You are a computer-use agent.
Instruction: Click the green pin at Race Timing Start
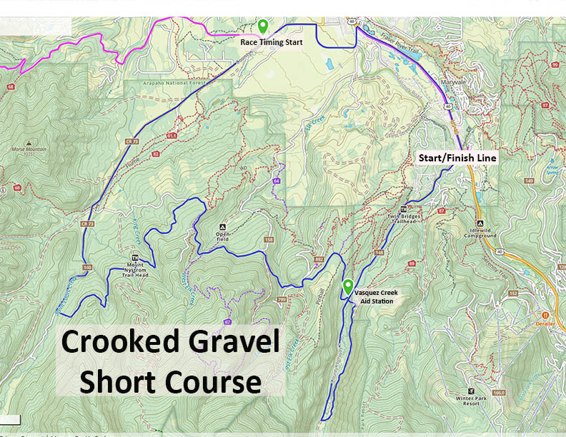click(x=263, y=26)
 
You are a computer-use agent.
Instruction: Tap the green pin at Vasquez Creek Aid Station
click(x=347, y=286)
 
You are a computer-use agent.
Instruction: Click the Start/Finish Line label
click(x=457, y=156)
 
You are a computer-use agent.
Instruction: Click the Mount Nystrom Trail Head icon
click(x=135, y=258)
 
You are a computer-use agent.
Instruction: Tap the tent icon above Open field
click(x=223, y=223)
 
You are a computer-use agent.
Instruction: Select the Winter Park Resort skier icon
click(x=470, y=391)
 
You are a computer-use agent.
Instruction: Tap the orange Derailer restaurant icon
click(x=545, y=314)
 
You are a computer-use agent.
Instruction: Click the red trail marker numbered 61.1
click(x=170, y=135)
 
